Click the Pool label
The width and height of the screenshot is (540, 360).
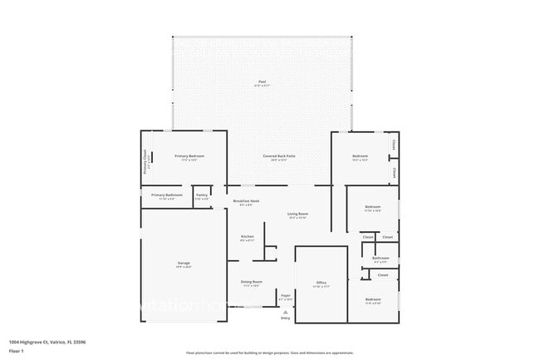pyautogui.click(x=262, y=82)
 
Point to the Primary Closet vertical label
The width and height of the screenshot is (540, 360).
pyautogui.click(x=145, y=158)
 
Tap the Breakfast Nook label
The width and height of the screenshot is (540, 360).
pyautogui.click(x=247, y=202)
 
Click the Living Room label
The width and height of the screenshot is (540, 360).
pyautogui.click(x=298, y=215)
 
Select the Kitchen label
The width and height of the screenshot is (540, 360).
pyautogui.click(x=247, y=238)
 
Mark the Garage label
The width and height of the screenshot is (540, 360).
pyautogui.click(x=183, y=265)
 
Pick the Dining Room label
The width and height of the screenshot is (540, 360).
pyautogui.click(x=251, y=284)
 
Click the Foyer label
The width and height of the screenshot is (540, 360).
pyautogui.click(x=285, y=297)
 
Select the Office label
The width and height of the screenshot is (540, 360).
pyautogui.click(x=321, y=284)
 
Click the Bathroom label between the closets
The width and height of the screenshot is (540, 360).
pyautogui.click(x=380, y=259)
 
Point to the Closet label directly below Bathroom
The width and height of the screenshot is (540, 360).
pyautogui.click(x=383, y=274)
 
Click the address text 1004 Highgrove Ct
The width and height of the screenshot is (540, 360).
pyautogui.click(x=47, y=342)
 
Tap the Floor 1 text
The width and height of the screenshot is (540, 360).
pyautogui.click(x=17, y=351)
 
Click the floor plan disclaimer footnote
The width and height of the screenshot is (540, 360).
pyautogui.click(x=269, y=353)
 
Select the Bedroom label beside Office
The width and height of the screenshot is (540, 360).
pyautogui.click(x=373, y=300)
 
